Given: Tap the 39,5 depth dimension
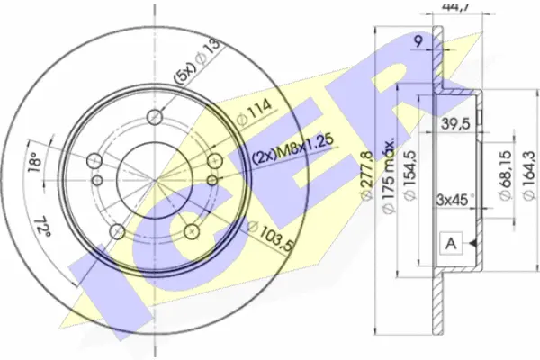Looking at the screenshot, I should (455, 124).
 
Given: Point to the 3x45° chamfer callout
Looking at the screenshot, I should (455, 199).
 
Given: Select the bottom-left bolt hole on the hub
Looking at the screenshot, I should (118, 232).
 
